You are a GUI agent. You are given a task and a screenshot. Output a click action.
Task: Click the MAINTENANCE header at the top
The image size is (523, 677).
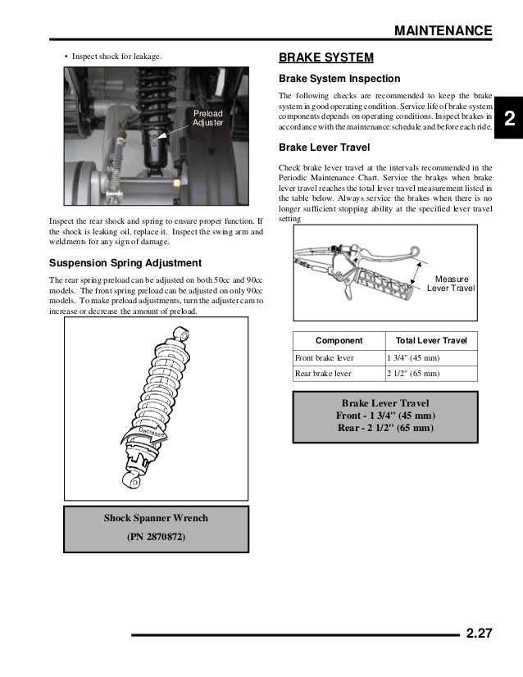click(443, 31)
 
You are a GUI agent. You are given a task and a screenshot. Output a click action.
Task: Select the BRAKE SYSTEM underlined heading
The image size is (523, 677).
click(326, 58)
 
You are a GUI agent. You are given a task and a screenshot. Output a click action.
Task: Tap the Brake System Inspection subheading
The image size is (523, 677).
click(339, 80)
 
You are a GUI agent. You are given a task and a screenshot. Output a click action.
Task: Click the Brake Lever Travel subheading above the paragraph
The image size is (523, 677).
click(324, 148)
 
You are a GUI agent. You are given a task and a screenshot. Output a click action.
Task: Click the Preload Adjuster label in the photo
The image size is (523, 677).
click(207, 118)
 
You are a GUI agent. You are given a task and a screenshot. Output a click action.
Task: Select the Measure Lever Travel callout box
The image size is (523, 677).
click(452, 284)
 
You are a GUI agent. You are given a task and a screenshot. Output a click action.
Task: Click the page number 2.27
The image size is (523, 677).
click(480, 632)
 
